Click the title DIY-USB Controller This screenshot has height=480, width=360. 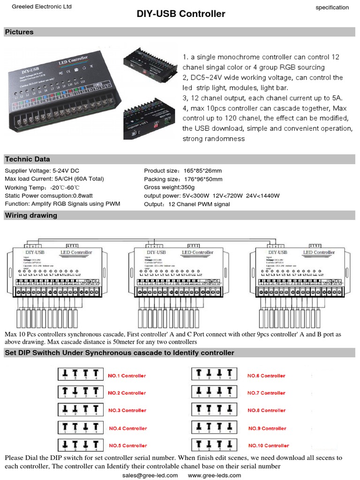coord(181,14)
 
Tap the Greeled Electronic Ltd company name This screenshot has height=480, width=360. coord(41,7)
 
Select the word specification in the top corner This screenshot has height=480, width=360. coord(332,7)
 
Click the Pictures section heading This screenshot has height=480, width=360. coord(19,32)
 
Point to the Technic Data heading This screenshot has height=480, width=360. coord(27,159)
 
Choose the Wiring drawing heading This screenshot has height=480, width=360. coord(31,216)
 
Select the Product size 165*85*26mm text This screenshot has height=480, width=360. coord(183,171)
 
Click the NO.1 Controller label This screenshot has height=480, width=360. coord(127,375)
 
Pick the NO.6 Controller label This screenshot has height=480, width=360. coord(266,375)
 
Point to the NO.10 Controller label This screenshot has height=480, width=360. coord(268,445)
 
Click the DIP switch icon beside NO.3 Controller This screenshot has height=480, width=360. coord(79,410)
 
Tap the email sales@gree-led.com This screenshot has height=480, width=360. coord(150,475)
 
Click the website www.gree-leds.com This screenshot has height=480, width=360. coord(214,475)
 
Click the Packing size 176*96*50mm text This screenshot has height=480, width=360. coord(183,179)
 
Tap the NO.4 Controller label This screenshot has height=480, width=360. coord(128,428)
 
